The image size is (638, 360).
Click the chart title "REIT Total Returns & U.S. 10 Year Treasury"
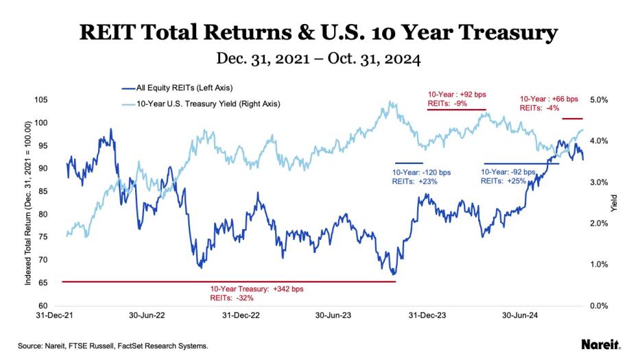click(x=318, y=32)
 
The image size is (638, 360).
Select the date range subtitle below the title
click(x=318, y=60)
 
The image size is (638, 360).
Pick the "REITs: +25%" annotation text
click(x=503, y=182)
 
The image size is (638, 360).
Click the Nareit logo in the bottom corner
click(x=601, y=344)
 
